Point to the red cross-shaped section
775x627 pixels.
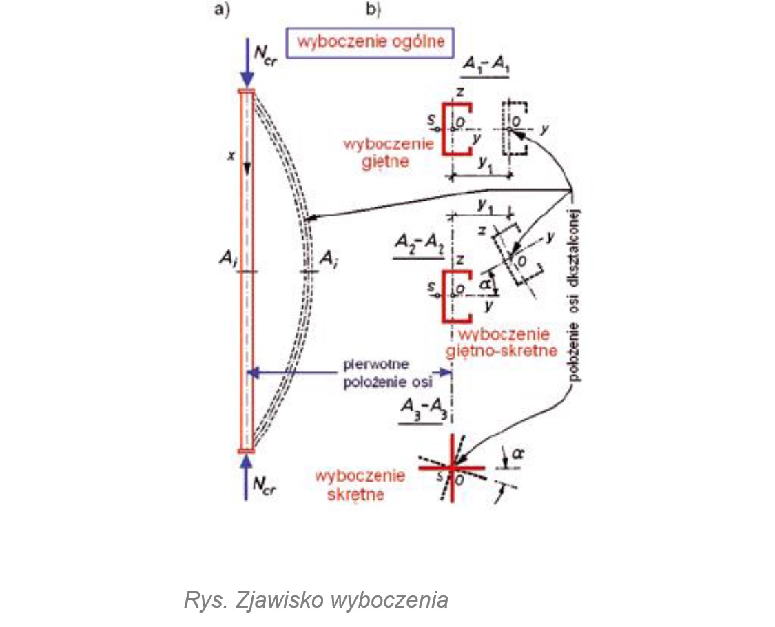coord(451,466)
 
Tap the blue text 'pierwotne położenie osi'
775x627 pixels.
coord(379,373)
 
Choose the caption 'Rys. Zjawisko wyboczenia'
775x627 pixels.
coord(316,599)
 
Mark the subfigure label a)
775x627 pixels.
coord(223,10)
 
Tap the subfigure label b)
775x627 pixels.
coord(374,10)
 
